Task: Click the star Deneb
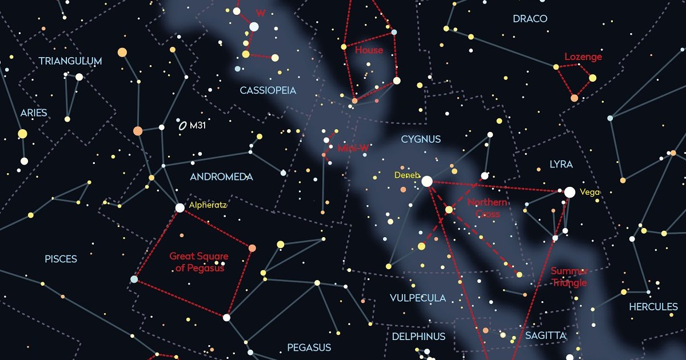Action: pos(426,181)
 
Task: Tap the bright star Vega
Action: pos(569,193)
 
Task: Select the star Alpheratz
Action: pos(180,208)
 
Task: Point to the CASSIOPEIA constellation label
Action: pos(268,90)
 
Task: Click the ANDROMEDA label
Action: pos(221,177)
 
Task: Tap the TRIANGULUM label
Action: pos(70,61)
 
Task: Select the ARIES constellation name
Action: pos(34,113)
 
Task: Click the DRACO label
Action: pos(530,19)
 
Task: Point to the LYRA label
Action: pos(561,165)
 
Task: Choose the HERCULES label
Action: pos(653,307)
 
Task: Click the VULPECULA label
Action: pos(418,298)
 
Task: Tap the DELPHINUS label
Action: pos(418,337)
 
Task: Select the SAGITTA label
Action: pos(546,335)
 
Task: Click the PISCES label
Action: pos(61,259)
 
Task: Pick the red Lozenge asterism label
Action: pos(583,57)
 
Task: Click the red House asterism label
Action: pos(369,50)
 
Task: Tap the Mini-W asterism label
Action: pos(353,148)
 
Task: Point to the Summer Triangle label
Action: pos(569,277)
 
